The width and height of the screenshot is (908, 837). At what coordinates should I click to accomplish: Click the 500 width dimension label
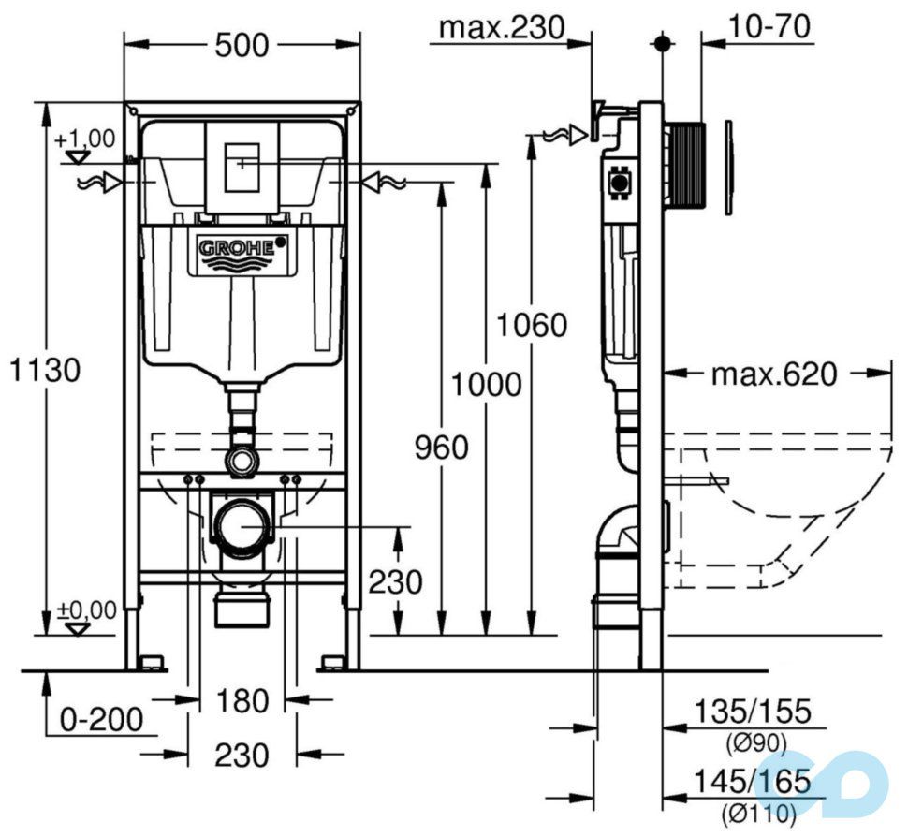click(242, 44)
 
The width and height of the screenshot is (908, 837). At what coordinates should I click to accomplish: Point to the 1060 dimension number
click(532, 326)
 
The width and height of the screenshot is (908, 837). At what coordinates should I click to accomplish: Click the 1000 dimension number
click(484, 384)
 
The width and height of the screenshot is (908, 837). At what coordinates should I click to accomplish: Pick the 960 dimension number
click(440, 448)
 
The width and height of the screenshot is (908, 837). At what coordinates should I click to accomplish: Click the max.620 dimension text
click(773, 375)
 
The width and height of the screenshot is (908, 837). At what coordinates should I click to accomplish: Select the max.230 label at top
click(503, 28)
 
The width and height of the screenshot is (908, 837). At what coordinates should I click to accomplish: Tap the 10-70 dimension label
click(771, 27)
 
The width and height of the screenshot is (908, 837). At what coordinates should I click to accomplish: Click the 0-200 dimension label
click(101, 719)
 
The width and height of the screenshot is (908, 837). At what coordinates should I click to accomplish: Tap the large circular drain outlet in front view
click(242, 527)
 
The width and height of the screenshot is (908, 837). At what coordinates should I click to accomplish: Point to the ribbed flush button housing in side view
click(689, 164)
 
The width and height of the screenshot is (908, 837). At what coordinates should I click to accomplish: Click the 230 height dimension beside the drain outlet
click(394, 582)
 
